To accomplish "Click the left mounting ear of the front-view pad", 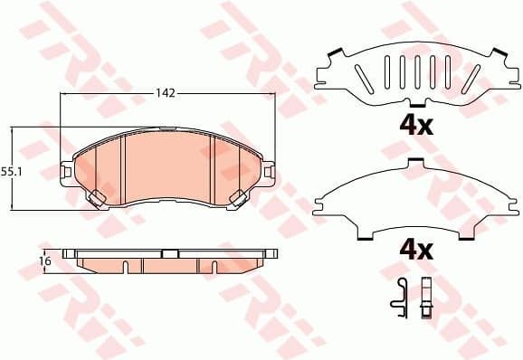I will pyautogui.click(x=65, y=168).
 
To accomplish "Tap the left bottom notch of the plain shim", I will pyautogui.click(x=365, y=237).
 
